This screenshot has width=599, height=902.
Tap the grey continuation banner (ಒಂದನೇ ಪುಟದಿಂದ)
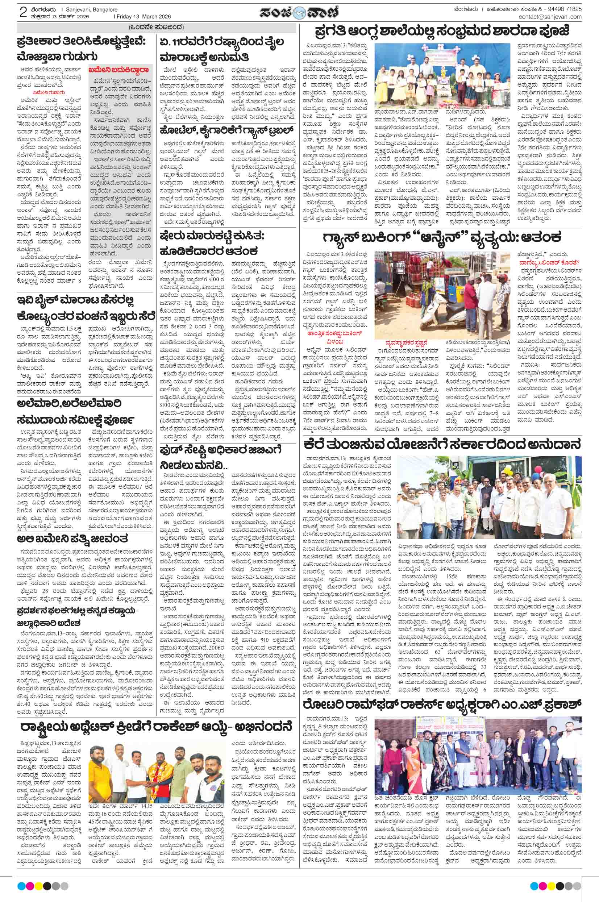156,27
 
